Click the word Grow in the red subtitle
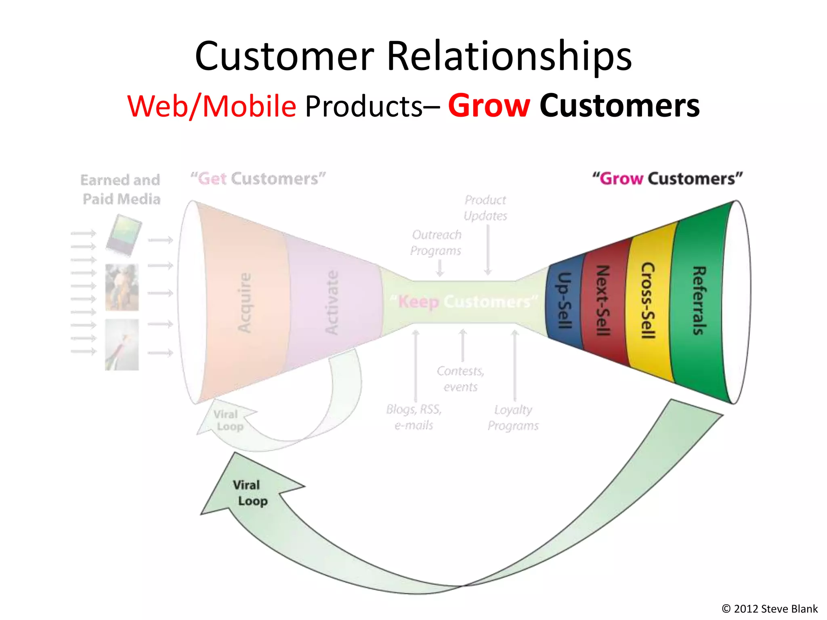489,106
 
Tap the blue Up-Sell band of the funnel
564,301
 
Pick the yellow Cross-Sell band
648,301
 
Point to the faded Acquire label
245,303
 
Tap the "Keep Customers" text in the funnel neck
464,302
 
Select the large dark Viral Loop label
250,493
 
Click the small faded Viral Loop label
228,420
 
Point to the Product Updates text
485,208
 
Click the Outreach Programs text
436,243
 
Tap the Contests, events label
460,379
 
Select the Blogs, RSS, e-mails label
414,417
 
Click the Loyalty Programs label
513,418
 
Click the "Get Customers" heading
258,179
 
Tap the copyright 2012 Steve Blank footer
769,608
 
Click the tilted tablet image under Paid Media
124,235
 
